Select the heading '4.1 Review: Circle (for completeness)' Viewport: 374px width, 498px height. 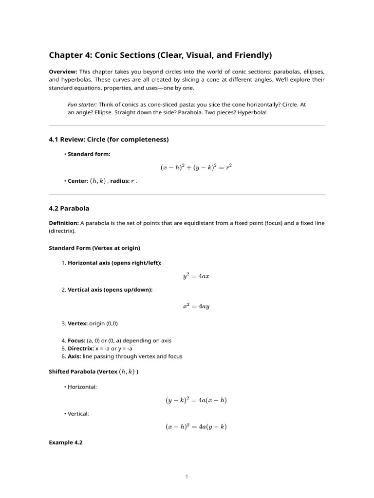109,140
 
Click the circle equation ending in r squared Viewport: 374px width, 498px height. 196,167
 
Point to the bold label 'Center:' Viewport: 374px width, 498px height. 78,181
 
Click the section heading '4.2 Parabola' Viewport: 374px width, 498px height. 69,208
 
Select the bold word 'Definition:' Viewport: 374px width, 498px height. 64,223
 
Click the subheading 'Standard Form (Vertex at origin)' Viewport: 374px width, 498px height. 94,248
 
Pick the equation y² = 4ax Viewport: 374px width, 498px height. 196,276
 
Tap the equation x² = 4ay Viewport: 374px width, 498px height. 196,306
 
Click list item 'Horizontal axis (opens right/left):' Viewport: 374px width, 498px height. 114,263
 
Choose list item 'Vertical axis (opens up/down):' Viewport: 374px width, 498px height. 110,290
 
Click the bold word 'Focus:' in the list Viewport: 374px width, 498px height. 77,340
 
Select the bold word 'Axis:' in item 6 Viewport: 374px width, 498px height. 75,356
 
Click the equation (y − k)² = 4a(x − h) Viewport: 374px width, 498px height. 196,400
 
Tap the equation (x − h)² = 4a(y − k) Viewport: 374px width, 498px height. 196,427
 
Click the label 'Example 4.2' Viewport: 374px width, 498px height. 66,443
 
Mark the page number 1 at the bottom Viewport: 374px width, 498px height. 187,477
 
